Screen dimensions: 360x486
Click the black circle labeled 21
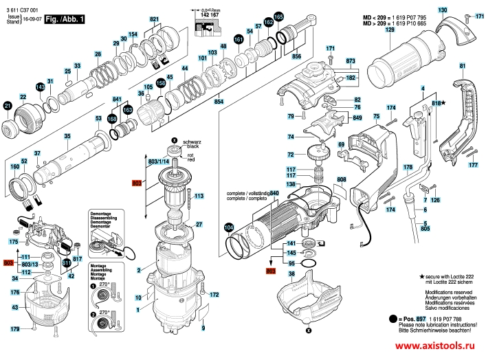coord(8,106)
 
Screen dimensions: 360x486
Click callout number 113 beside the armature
coord(199,196)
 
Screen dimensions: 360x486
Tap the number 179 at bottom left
coord(14,330)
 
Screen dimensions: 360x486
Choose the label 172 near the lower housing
coord(214,294)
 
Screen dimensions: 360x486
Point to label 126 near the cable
coord(434,200)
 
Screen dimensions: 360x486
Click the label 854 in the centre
coord(219,102)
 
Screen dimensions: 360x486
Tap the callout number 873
coord(351,61)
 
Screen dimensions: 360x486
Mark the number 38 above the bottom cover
coord(291,274)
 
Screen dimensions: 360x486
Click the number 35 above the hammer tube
coord(67,137)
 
